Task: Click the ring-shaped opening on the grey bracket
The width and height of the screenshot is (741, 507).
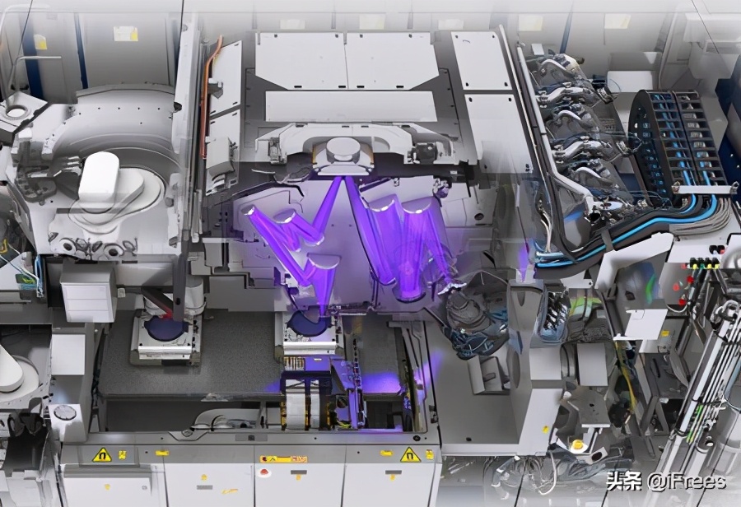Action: coord(16,113)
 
